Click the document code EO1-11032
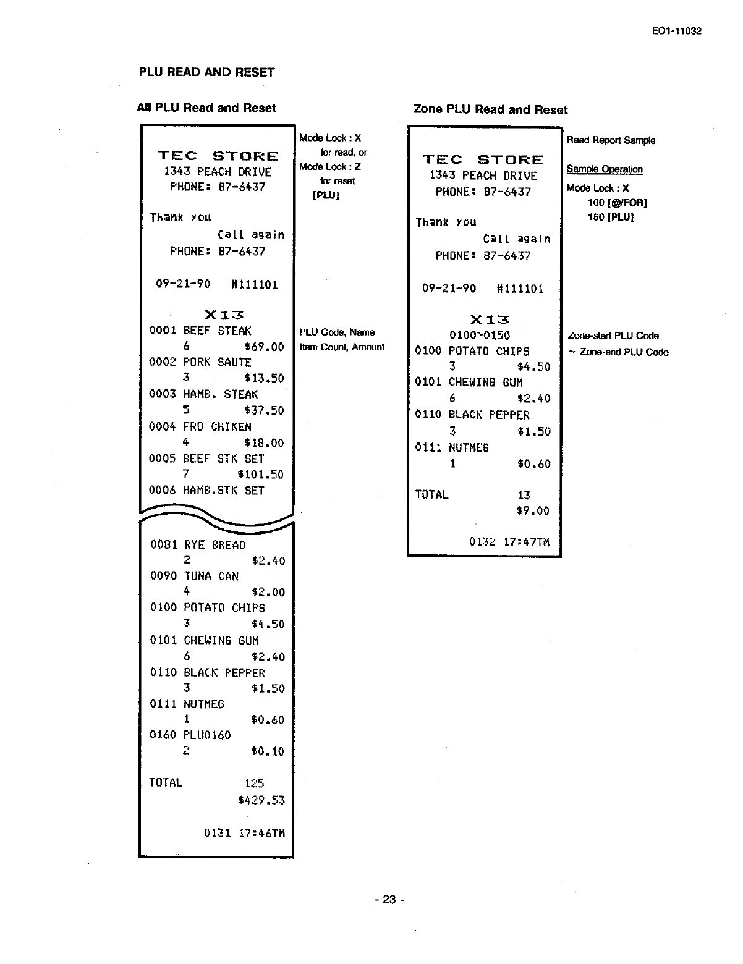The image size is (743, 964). (x=676, y=31)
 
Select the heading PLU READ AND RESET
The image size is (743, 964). (x=206, y=72)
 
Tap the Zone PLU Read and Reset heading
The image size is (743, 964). (x=490, y=110)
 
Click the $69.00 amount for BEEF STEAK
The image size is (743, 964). (x=264, y=347)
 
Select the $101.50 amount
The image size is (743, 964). (x=260, y=475)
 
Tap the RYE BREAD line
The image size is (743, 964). (x=214, y=545)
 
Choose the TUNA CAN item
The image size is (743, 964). (x=211, y=577)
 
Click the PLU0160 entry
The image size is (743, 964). (x=207, y=735)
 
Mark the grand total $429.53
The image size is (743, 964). (x=261, y=800)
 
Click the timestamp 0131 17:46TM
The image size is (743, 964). (x=244, y=833)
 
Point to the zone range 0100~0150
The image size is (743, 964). (x=480, y=336)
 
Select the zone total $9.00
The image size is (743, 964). (x=533, y=511)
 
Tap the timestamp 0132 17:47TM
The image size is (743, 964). (x=509, y=543)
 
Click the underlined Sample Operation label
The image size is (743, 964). (x=605, y=169)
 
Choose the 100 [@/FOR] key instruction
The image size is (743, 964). (x=608, y=203)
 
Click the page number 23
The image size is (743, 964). (x=389, y=900)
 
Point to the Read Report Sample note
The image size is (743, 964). (x=611, y=140)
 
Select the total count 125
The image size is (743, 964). (x=254, y=784)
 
